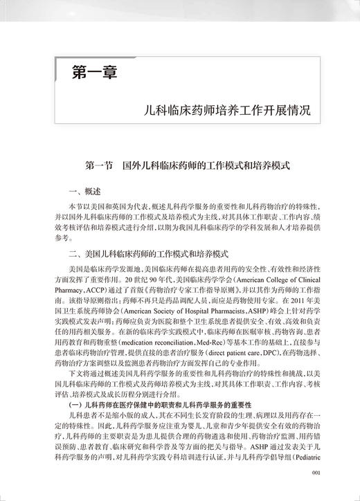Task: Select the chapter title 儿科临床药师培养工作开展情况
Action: tap(223, 110)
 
